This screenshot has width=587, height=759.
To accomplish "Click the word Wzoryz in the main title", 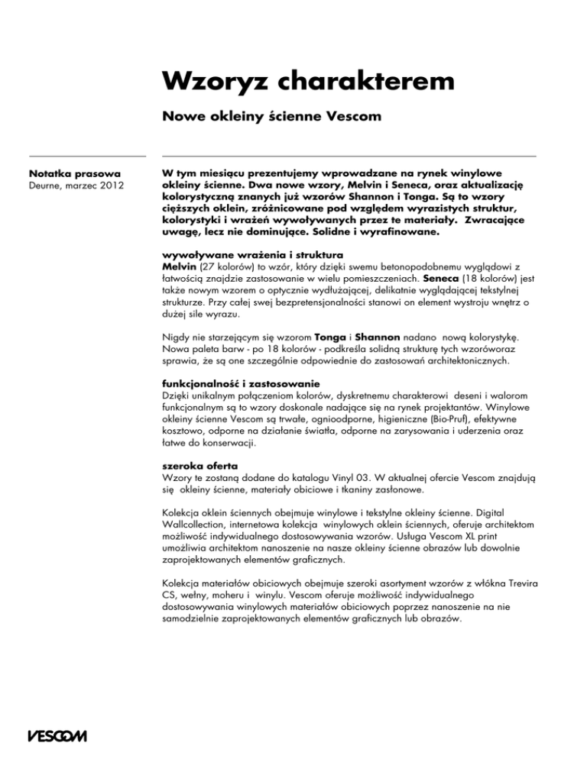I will tap(210, 81).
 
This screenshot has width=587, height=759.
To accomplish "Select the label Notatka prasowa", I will tap(74, 173).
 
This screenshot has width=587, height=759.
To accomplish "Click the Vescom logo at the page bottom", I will tap(57, 737).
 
